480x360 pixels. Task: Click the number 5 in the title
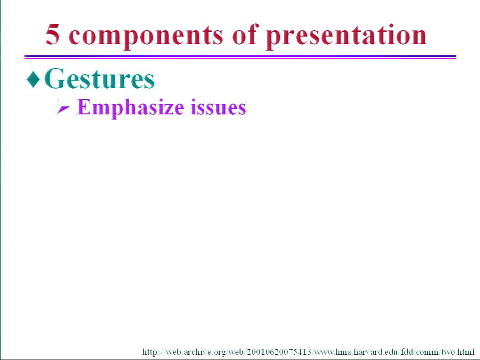(x=52, y=34)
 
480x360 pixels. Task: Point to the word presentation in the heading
(x=346, y=37)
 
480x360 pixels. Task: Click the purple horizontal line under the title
(x=240, y=57)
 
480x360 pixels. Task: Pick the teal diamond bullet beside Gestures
(x=33, y=79)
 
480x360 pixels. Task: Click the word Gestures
(x=99, y=78)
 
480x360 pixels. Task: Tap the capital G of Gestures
(x=55, y=78)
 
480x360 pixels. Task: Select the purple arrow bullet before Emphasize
(x=63, y=107)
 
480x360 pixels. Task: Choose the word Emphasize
(x=130, y=108)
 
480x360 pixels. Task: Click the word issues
(x=218, y=107)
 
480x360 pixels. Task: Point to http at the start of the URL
(x=150, y=352)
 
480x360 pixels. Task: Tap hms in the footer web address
(x=344, y=352)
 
